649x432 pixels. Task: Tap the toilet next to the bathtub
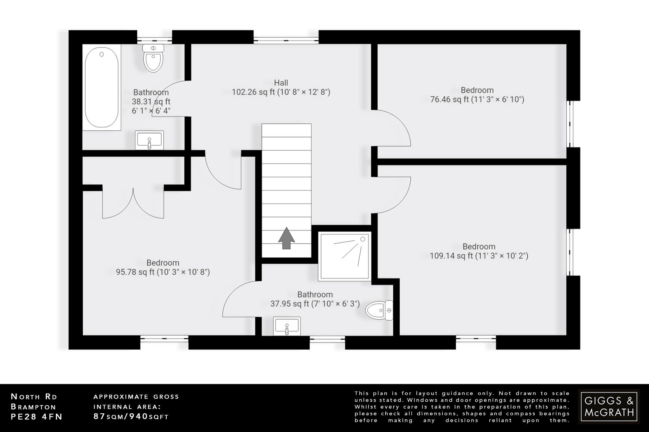(x=153, y=58)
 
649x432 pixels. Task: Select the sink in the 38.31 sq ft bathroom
(x=149, y=140)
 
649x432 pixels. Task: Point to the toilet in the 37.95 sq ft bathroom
(x=379, y=310)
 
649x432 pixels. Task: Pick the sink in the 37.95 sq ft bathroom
(x=287, y=326)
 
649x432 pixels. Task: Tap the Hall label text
(x=281, y=83)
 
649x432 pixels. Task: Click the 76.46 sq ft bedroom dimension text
(x=477, y=99)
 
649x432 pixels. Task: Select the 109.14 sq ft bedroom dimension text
(x=479, y=256)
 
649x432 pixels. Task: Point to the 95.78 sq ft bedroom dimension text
(x=163, y=272)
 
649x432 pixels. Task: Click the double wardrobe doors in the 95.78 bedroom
(x=133, y=204)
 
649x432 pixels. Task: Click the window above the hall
(x=286, y=40)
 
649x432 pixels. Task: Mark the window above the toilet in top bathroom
(x=154, y=40)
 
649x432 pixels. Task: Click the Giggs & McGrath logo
(x=609, y=406)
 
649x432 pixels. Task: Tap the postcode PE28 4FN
(x=37, y=417)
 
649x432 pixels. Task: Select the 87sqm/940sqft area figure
(x=131, y=416)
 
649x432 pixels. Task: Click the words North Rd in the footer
(x=34, y=397)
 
